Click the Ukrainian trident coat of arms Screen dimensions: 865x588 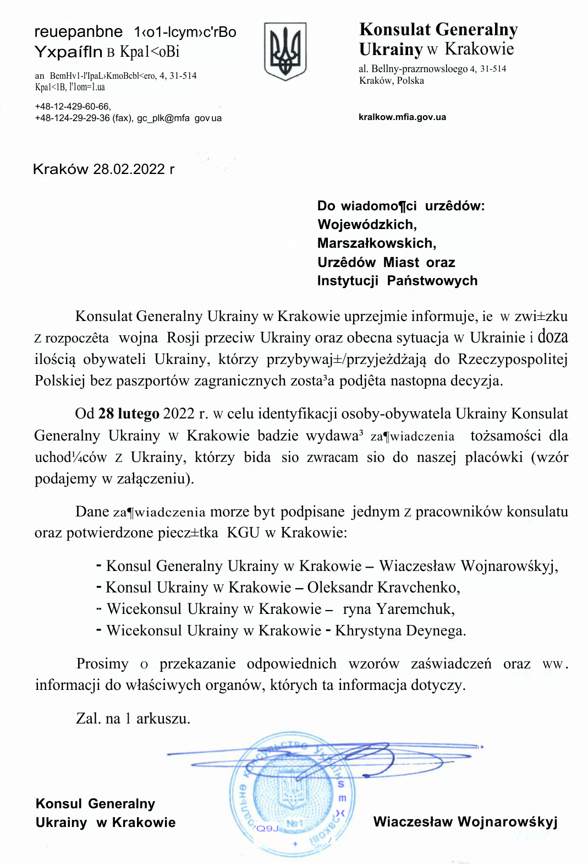point(285,51)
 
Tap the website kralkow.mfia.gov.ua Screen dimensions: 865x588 point(402,117)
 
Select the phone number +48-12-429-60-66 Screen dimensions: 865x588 point(73,106)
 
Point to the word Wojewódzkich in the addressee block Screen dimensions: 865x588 point(367,225)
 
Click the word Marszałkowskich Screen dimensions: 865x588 point(376,243)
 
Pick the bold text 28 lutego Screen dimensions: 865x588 point(129,414)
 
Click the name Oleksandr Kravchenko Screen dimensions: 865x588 point(383,587)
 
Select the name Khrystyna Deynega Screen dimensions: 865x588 point(400,630)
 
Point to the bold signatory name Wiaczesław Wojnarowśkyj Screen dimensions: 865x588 point(465,822)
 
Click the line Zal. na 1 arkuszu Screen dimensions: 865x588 point(133,719)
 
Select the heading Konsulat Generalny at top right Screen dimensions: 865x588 point(438,29)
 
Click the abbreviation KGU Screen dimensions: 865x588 point(243,533)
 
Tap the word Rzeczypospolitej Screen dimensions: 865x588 point(513,360)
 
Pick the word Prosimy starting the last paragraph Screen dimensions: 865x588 point(102,663)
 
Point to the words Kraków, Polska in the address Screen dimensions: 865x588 point(392,80)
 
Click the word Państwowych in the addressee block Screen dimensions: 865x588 point(432,281)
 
